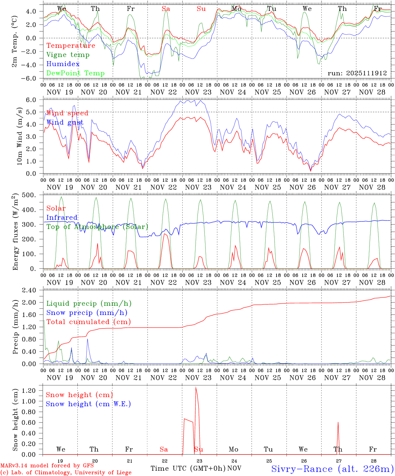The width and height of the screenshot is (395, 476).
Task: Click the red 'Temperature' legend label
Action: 70,46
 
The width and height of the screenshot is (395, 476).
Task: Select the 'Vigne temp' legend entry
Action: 68,55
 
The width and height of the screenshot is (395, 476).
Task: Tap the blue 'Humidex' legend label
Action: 63,64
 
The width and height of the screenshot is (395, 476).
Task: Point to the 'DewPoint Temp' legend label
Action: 75,73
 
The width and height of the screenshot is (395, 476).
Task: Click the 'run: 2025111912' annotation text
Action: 357,73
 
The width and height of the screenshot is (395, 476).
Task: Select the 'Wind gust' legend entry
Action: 65,123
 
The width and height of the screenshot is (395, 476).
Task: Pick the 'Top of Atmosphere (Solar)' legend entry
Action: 97,227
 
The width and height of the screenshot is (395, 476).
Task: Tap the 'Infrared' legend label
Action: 62,218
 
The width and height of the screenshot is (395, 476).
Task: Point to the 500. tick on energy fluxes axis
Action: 33,195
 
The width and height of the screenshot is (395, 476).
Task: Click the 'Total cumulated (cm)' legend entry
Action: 89,322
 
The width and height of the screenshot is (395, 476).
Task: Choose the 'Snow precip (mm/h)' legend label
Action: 87,313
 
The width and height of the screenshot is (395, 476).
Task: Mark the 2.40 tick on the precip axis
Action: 33,291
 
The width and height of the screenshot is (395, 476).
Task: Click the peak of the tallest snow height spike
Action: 196,387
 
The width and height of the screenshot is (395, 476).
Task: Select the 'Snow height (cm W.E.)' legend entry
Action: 88,404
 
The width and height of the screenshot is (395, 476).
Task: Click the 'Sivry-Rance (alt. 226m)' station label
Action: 332,469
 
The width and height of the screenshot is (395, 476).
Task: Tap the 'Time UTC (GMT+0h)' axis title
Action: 188,468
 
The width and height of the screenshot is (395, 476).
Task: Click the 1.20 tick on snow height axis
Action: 33,391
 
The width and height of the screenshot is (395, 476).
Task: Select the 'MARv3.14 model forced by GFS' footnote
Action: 47,466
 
